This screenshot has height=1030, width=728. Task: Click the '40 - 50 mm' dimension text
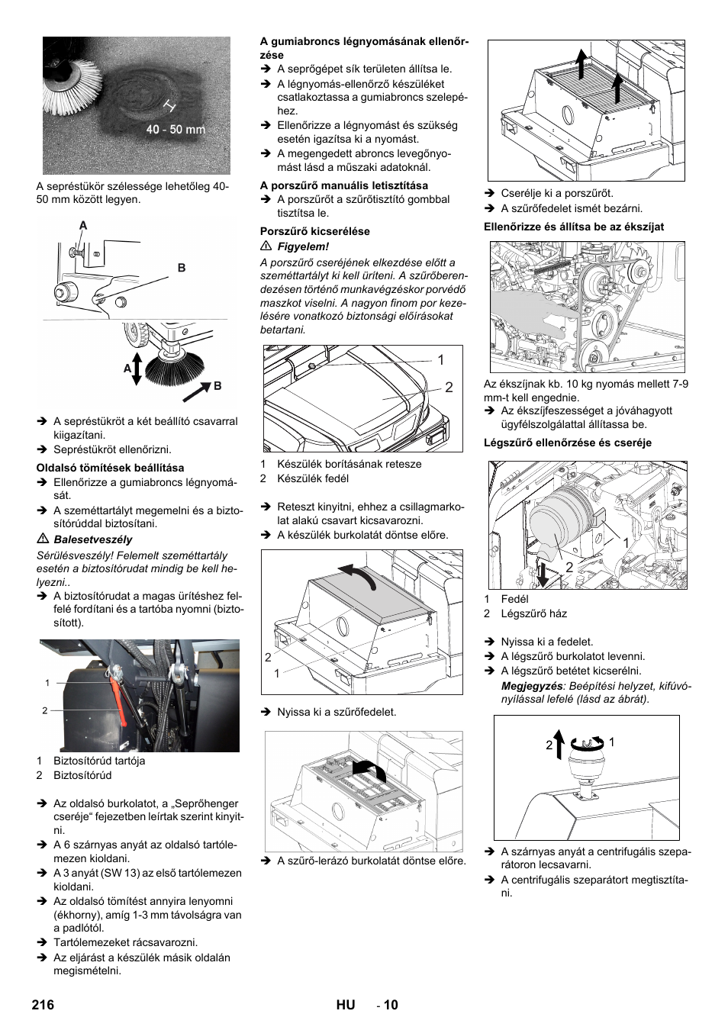176,130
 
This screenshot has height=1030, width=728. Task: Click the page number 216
43,1005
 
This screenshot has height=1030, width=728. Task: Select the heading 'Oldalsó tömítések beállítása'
110,468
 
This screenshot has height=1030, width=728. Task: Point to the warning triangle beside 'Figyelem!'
266,246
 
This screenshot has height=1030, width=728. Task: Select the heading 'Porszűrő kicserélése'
314,231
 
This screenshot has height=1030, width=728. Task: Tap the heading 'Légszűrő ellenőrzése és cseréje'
568,443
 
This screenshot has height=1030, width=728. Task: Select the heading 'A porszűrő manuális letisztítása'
343,185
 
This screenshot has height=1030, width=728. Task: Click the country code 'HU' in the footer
345,1005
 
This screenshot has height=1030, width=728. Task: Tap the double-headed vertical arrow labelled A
137,369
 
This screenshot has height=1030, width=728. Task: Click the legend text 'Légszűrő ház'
533,613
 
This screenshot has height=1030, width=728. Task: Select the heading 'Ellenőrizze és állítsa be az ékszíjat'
573,227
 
